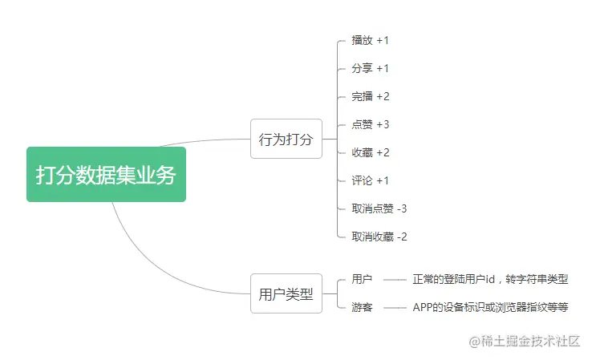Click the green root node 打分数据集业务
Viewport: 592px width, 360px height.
(x=106, y=175)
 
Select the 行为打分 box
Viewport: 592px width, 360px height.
(x=286, y=139)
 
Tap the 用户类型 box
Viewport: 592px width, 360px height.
(x=286, y=293)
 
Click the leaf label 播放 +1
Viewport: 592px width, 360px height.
(x=370, y=40)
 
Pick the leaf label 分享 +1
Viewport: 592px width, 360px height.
(x=370, y=68)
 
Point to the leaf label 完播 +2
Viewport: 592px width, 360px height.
(x=370, y=96)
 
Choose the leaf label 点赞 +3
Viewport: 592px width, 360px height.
(x=370, y=124)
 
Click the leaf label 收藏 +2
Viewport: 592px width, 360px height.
(x=370, y=152)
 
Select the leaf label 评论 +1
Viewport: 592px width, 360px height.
(x=370, y=180)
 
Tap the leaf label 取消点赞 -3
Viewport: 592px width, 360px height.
(x=379, y=208)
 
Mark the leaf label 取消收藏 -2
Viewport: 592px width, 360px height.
(x=379, y=237)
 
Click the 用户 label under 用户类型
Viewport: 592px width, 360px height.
(x=362, y=280)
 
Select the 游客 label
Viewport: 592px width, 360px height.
(x=362, y=307)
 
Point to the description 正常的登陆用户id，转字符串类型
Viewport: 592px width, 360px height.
(x=490, y=280)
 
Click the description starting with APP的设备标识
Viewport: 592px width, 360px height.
(x=490, y=307)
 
